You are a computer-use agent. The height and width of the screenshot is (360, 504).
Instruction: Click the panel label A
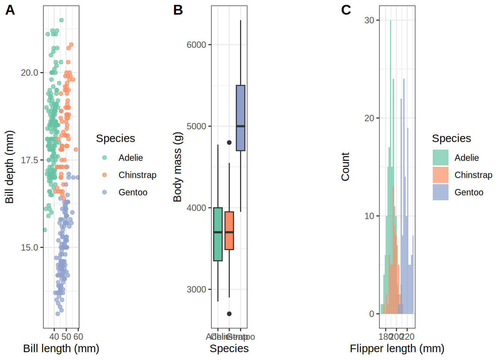click(10, 10)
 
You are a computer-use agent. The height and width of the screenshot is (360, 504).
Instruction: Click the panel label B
click(178, 10)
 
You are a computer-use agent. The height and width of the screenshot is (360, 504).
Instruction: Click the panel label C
click(346, 10)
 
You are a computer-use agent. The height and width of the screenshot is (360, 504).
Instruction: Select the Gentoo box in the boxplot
click(240, 118)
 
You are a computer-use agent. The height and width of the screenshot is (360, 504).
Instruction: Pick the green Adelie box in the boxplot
click(218, 234)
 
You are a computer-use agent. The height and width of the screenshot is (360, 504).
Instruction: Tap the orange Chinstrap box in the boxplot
click(229, 231)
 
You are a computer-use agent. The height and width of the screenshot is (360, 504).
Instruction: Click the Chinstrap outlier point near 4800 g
click(229, 142)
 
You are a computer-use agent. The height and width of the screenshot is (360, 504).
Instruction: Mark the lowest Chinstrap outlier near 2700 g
click(229, 314)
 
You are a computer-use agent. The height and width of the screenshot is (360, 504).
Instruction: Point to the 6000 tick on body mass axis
click(196, 45)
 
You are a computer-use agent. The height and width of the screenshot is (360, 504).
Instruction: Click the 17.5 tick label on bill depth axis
click(30, 160)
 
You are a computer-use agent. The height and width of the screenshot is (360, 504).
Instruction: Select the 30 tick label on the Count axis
click(369, 20)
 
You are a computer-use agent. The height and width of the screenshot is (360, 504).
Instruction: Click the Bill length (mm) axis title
click(61, 348)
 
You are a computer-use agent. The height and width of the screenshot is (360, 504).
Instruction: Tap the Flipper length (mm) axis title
click(397, 348)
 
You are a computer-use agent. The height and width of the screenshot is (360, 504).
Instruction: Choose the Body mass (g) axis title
click(177, 167)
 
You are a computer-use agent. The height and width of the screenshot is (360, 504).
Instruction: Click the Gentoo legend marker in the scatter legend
click(105, 192)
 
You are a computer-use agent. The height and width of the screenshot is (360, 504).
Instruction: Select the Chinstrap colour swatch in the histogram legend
click(440, 175)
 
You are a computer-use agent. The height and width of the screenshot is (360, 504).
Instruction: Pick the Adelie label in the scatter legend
click(130, 158)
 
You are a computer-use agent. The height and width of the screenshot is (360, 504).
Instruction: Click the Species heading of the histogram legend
click(451, 138)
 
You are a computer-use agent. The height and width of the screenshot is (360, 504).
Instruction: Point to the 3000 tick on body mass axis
click(196, 289)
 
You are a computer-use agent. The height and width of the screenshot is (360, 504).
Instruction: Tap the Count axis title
click(345, 167)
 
